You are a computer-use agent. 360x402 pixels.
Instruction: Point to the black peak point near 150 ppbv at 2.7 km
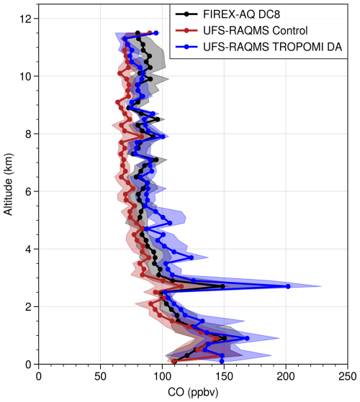coord(222,286)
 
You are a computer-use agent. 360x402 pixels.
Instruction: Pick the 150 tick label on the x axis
coord(224,376)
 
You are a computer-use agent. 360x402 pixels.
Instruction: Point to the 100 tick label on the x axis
coord(162,376)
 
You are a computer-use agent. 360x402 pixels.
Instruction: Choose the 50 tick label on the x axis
coord(100,376)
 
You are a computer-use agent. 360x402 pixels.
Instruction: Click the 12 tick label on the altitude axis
coord(24,18)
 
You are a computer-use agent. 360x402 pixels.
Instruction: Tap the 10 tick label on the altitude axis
coord(24,76)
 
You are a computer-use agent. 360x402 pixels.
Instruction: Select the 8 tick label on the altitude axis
coord(27,133)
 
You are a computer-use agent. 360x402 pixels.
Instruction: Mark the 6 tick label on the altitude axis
coord(27,191)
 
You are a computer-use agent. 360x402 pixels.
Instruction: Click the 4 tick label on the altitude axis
coord(27,249)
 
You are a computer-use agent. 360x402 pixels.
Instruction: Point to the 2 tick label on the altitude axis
coord(27,306)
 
